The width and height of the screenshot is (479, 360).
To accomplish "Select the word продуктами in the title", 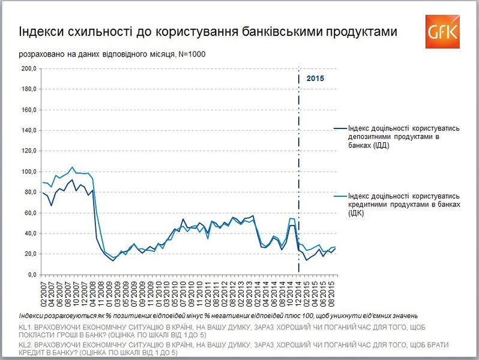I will pyautogui.click(x=366, y=31).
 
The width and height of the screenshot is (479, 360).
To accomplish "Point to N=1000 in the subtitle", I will pyautogui.click(x=193, y=55).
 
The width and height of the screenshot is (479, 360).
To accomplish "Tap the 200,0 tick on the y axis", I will pyautogui.click(x=29, y=68).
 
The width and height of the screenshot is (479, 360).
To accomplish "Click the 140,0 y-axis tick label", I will pyautogui.click(x=29, y=130).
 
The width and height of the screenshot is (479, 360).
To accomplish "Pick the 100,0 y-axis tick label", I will pyautogui.click(x=29, y=172).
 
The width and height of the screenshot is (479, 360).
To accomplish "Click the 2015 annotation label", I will pyautogui.click(x=315, y=79).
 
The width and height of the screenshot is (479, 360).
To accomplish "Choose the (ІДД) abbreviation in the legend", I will pyautogui.click(x=378, y=146).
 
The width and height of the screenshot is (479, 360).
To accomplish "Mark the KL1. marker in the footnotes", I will pyautogui.click(x=26, y=327).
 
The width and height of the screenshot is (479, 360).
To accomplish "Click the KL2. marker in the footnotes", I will pyautogui.click(x=26, y=347).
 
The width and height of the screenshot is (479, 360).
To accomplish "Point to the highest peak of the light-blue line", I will pyautogui.click(x=72, y=167).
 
